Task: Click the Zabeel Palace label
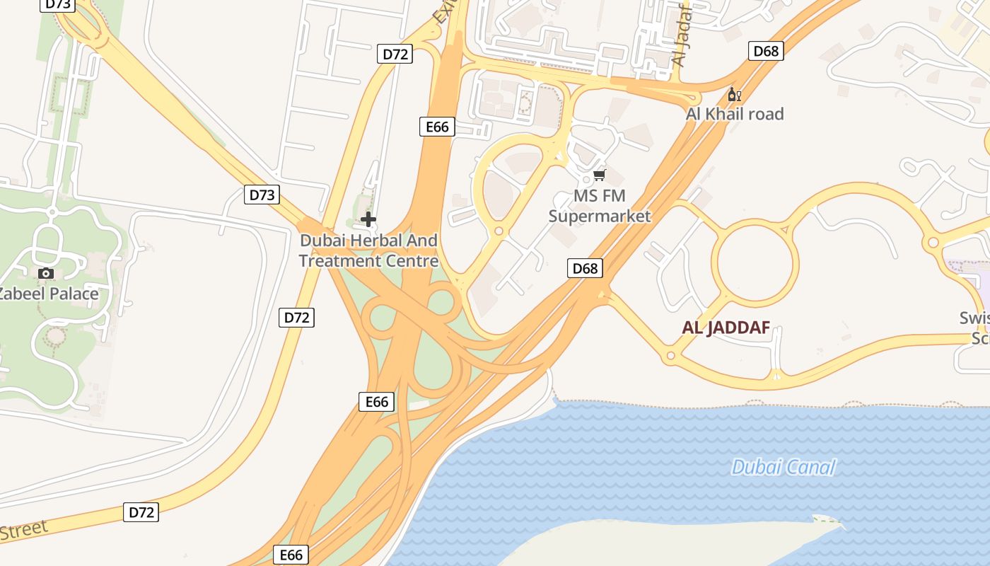[x=48, y=293]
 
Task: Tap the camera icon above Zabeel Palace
[x=46, y=273]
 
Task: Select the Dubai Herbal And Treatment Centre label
[x=368, y=250]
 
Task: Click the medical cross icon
[x=368, y=219]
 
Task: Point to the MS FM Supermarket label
[x=600, y=206]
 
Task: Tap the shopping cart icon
[x=600, y=174]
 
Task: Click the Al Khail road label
[x=735, y=114]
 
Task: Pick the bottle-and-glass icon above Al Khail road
[x=734, y=95]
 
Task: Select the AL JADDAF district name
[x=726, y=328]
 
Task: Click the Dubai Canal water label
[x=783, y=467]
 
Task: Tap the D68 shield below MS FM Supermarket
[x=586, y=268]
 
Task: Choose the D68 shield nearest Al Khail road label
[x=766, y=51]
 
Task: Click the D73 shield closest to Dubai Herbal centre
[x=262, y=195]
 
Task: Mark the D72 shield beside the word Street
[x=141, y=512]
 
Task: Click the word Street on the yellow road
[x=23, y=530]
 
